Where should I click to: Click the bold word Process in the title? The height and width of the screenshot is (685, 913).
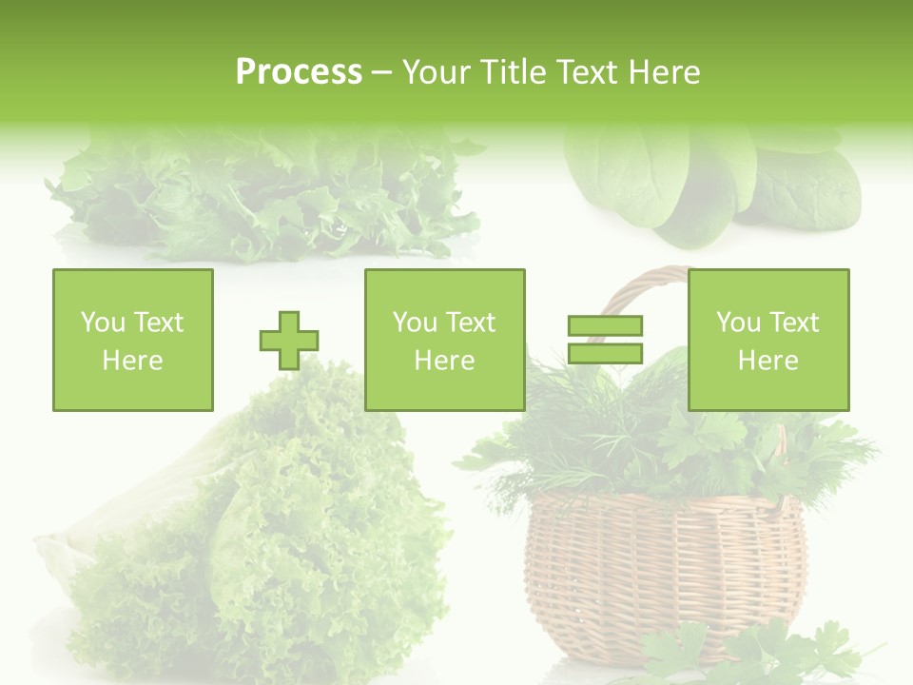point(299,72)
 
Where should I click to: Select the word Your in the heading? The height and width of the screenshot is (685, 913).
point(434,72)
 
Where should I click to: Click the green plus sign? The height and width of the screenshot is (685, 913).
point(289,341)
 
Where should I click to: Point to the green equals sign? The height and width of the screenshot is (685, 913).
point(605,340)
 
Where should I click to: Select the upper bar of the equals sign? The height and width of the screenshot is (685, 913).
point(605,326)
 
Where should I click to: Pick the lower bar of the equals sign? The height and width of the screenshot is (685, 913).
point(605,354)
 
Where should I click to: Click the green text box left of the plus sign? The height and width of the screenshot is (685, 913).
point(133,340)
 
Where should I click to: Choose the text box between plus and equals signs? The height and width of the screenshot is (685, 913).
point(445,340)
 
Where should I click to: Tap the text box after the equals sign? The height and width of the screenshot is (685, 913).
point(768,340)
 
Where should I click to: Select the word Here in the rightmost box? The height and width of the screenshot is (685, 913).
point(768,361)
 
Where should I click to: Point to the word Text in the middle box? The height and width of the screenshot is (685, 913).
point(471,323)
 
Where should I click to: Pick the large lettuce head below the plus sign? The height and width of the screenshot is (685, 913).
point(276,542)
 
